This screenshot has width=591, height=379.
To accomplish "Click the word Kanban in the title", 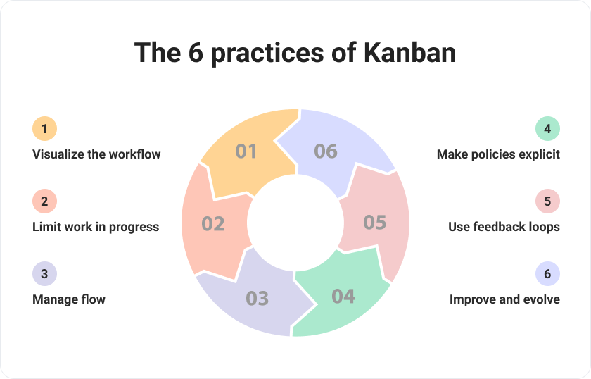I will tap(409, 53).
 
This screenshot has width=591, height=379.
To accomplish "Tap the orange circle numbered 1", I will tap(44, 129).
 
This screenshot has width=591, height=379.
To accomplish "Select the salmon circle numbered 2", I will tap(44, 201).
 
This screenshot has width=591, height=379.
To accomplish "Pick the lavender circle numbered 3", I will tap(44, 274).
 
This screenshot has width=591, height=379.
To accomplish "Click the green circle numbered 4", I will tap(547, 129).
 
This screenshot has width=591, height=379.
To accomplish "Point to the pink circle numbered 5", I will tap(547, 201).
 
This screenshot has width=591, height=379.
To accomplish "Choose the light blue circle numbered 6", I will tap(547, 274).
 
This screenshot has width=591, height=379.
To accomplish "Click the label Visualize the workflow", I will tap(96, 154).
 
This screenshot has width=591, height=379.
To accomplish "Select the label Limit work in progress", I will tap(96, 227).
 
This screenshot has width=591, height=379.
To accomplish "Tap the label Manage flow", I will tap(69, 299).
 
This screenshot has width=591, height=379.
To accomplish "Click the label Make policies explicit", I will tap(498, 154).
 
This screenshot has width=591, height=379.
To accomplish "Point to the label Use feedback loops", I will tap(504, 227).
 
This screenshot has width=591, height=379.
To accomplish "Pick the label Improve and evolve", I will tap(504, 299).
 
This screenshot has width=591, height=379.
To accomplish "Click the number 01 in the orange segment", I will tap(246, 151).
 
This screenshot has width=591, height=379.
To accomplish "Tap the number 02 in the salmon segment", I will tap(213, 224).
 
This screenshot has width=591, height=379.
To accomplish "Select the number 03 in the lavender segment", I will tap(258, 298).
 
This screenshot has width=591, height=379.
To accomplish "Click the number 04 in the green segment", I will tap(343, 296).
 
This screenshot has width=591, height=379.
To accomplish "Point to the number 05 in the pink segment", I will tap(375, 223).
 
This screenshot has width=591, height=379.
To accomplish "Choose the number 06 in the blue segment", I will tap(326, 151).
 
